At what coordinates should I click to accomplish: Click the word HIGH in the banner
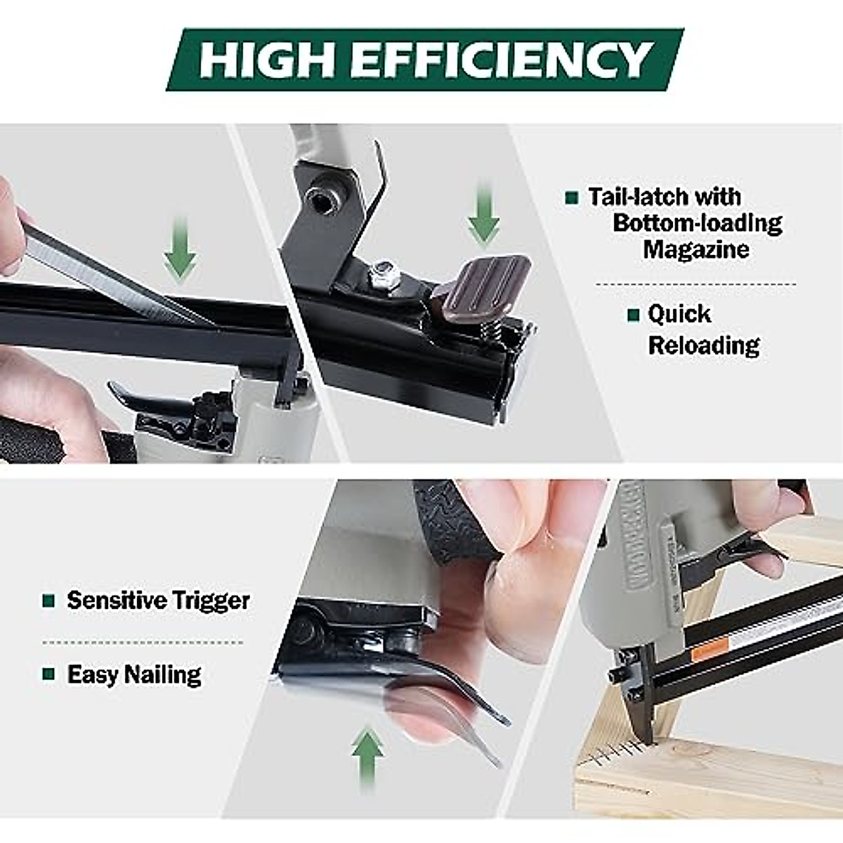click(x=267, y=60)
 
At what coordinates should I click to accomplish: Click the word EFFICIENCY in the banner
click(x=502, y=60)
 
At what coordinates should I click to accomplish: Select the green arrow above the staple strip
click(x=180, y=249)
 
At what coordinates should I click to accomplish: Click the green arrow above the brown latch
click(x=484, y=214)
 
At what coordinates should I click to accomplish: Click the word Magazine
click(x=696, y=249)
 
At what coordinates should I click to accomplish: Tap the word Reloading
click(x=703, y=346)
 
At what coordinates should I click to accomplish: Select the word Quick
click(x=679, y=314)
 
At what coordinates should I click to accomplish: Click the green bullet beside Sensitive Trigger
click(x=48, y=601)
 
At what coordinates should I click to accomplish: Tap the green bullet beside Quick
click(x=633, y=315)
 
